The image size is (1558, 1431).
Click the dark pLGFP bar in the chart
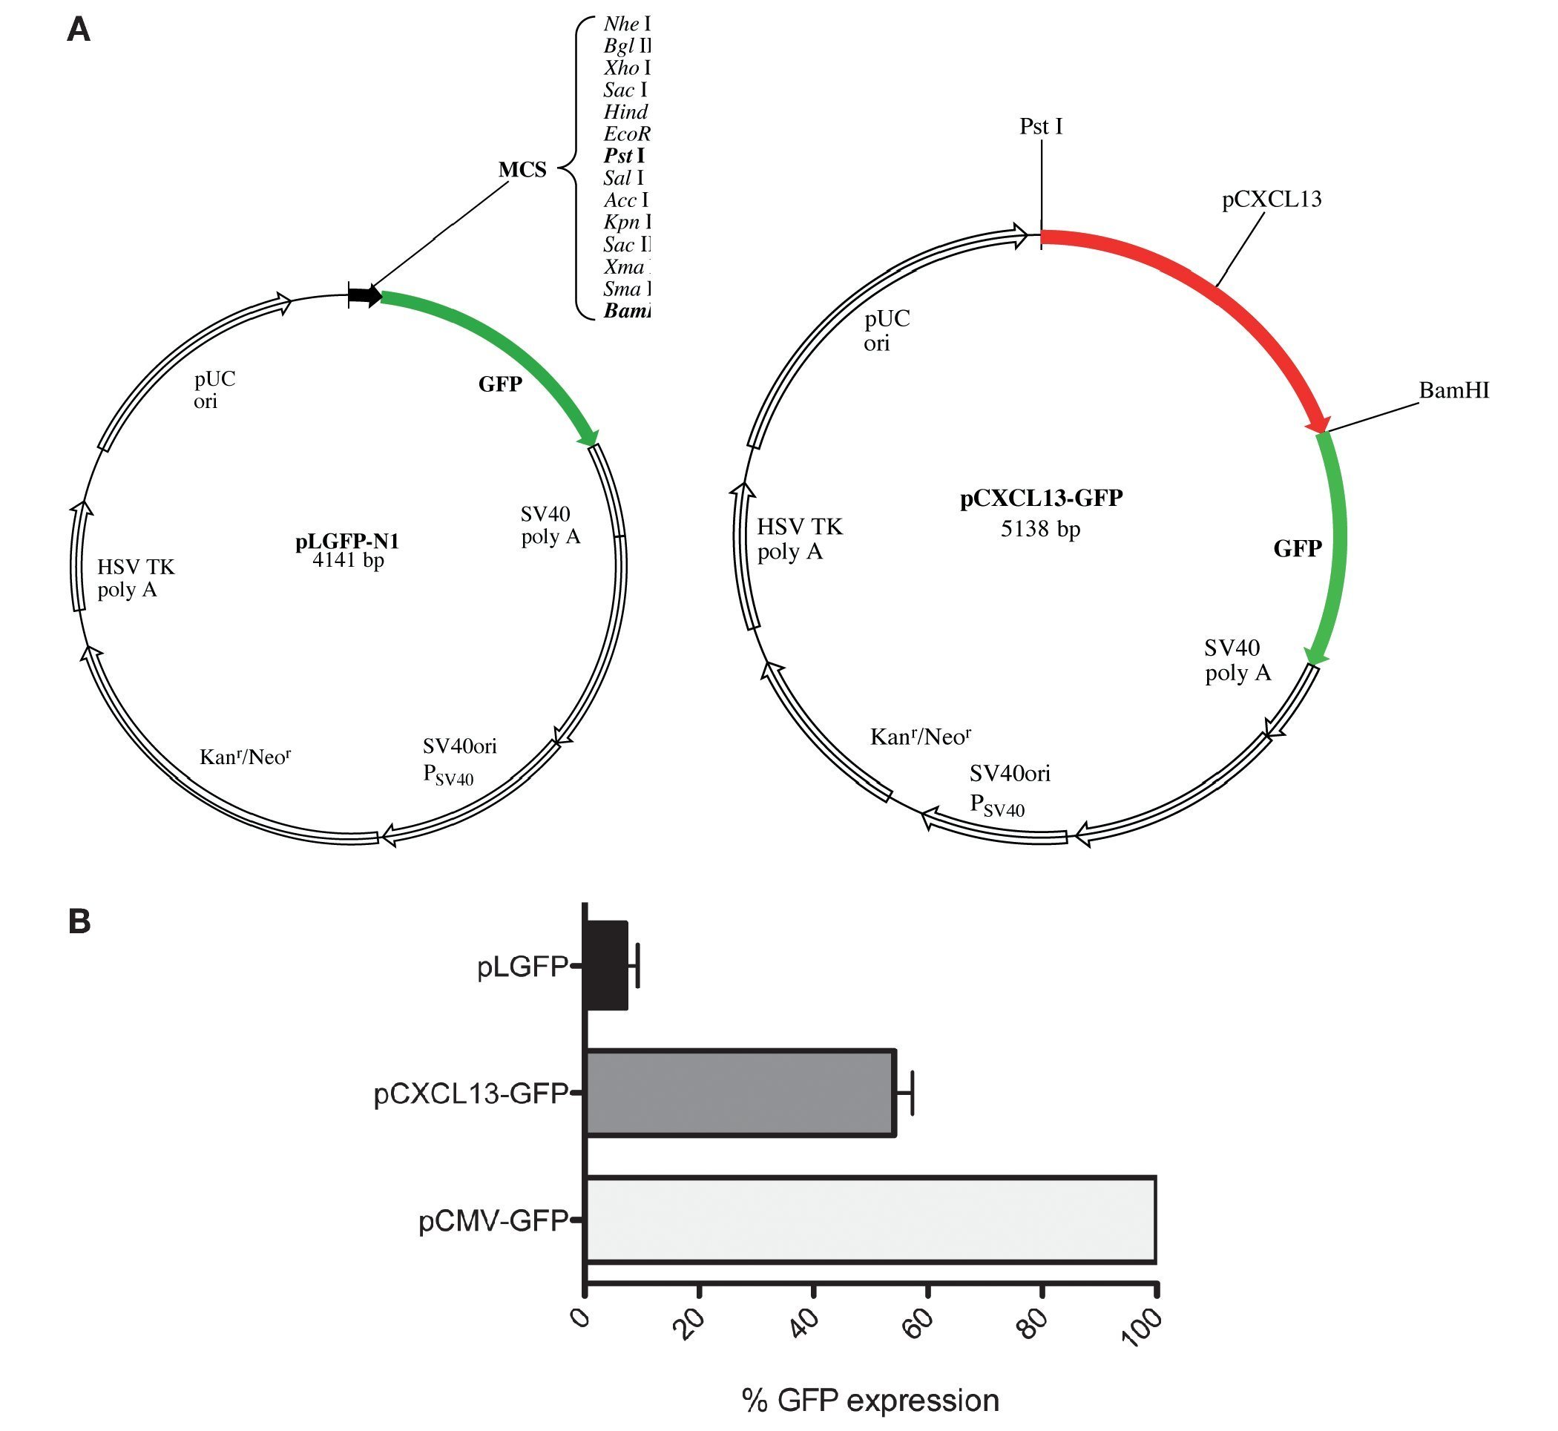(x=606, y=965)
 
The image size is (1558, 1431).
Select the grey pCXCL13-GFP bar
(x=740, y=1093)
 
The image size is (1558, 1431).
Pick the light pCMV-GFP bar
(x=870, y=1220)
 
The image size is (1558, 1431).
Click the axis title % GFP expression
(x=870, y=1400)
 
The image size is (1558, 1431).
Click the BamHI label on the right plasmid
(x=1453, y=390)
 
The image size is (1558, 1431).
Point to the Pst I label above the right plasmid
(x=1040, y=126)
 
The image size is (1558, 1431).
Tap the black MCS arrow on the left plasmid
(x=365, y=295)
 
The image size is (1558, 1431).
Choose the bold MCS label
(x=522, y=170)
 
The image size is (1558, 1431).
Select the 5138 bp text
(x=1040, y=529)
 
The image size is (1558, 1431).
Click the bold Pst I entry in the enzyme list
(x=624, y=156)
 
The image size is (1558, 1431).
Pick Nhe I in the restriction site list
(x=626, y=24)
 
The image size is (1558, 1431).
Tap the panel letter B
(x=79, y=921)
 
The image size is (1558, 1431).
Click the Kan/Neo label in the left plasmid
(x=245, y=757)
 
